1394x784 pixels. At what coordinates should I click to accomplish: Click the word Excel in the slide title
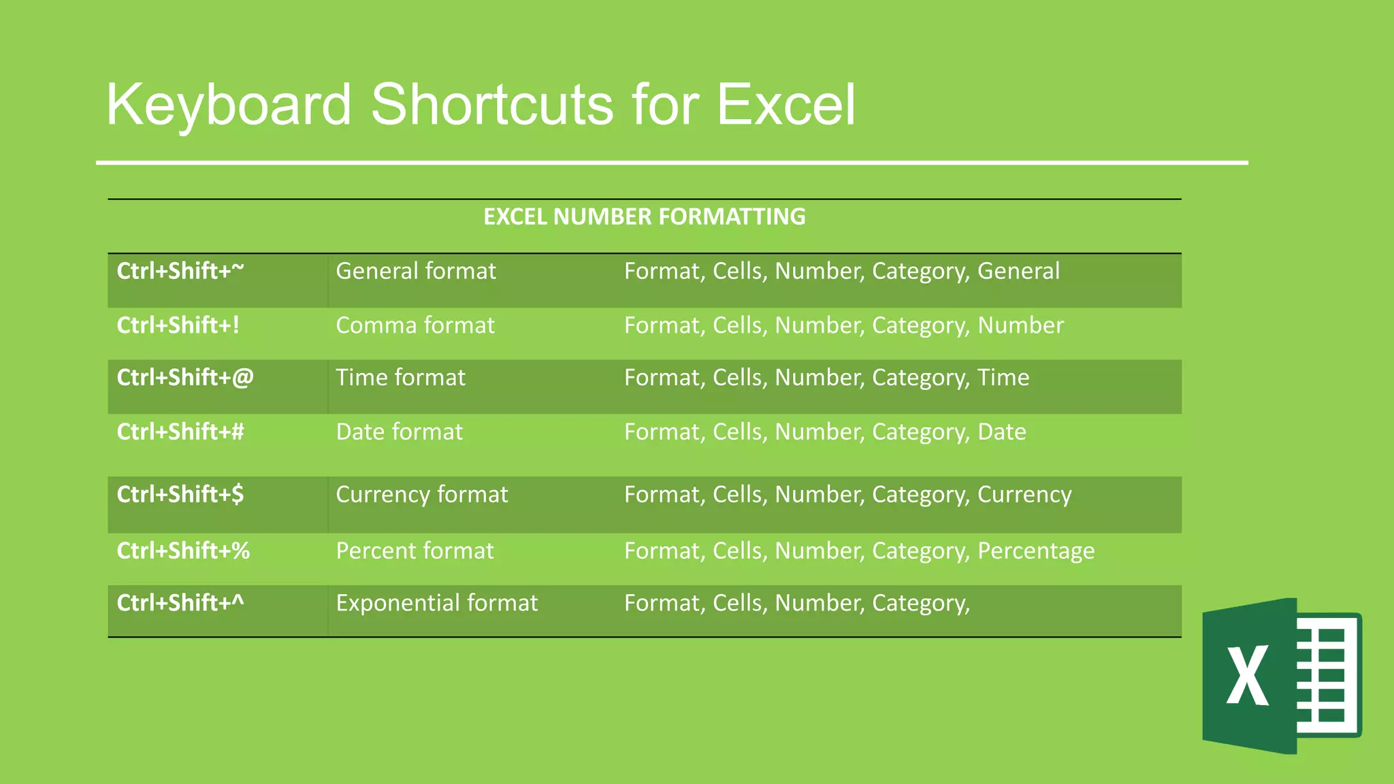pos(785,105)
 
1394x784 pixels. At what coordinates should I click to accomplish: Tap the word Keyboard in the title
pos(229,105)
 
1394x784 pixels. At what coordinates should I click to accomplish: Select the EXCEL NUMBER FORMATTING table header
pos(644,216)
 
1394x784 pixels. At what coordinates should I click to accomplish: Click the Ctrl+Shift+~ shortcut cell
pos(180,271)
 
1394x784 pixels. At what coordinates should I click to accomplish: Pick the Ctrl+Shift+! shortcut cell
pos(178,325)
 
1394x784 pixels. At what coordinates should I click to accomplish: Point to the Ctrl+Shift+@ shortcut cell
pos(185,378)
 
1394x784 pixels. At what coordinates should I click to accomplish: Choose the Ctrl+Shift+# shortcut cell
pos(180,432)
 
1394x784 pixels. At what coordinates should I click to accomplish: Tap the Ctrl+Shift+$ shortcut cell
pos(180,495)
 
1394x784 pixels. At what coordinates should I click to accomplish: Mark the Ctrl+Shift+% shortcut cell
pos(183,551)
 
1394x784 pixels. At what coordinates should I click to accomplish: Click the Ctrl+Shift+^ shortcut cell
pos(180,603)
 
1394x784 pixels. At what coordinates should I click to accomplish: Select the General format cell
pos(416,271)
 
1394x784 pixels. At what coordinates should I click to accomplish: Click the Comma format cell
pos(415,325)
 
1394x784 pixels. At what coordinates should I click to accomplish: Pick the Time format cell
pos(400,378)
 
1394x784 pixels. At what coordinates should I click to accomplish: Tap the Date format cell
pos(399,432)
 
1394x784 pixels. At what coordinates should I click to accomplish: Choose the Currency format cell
pos(422,495)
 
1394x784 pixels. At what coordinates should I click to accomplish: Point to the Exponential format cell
pos(436,603)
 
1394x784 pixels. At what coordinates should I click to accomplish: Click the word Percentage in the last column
pos(1036,551)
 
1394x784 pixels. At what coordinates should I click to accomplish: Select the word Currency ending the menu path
pos(1024,495)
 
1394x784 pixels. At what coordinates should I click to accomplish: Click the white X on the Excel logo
pos(1247,675)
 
